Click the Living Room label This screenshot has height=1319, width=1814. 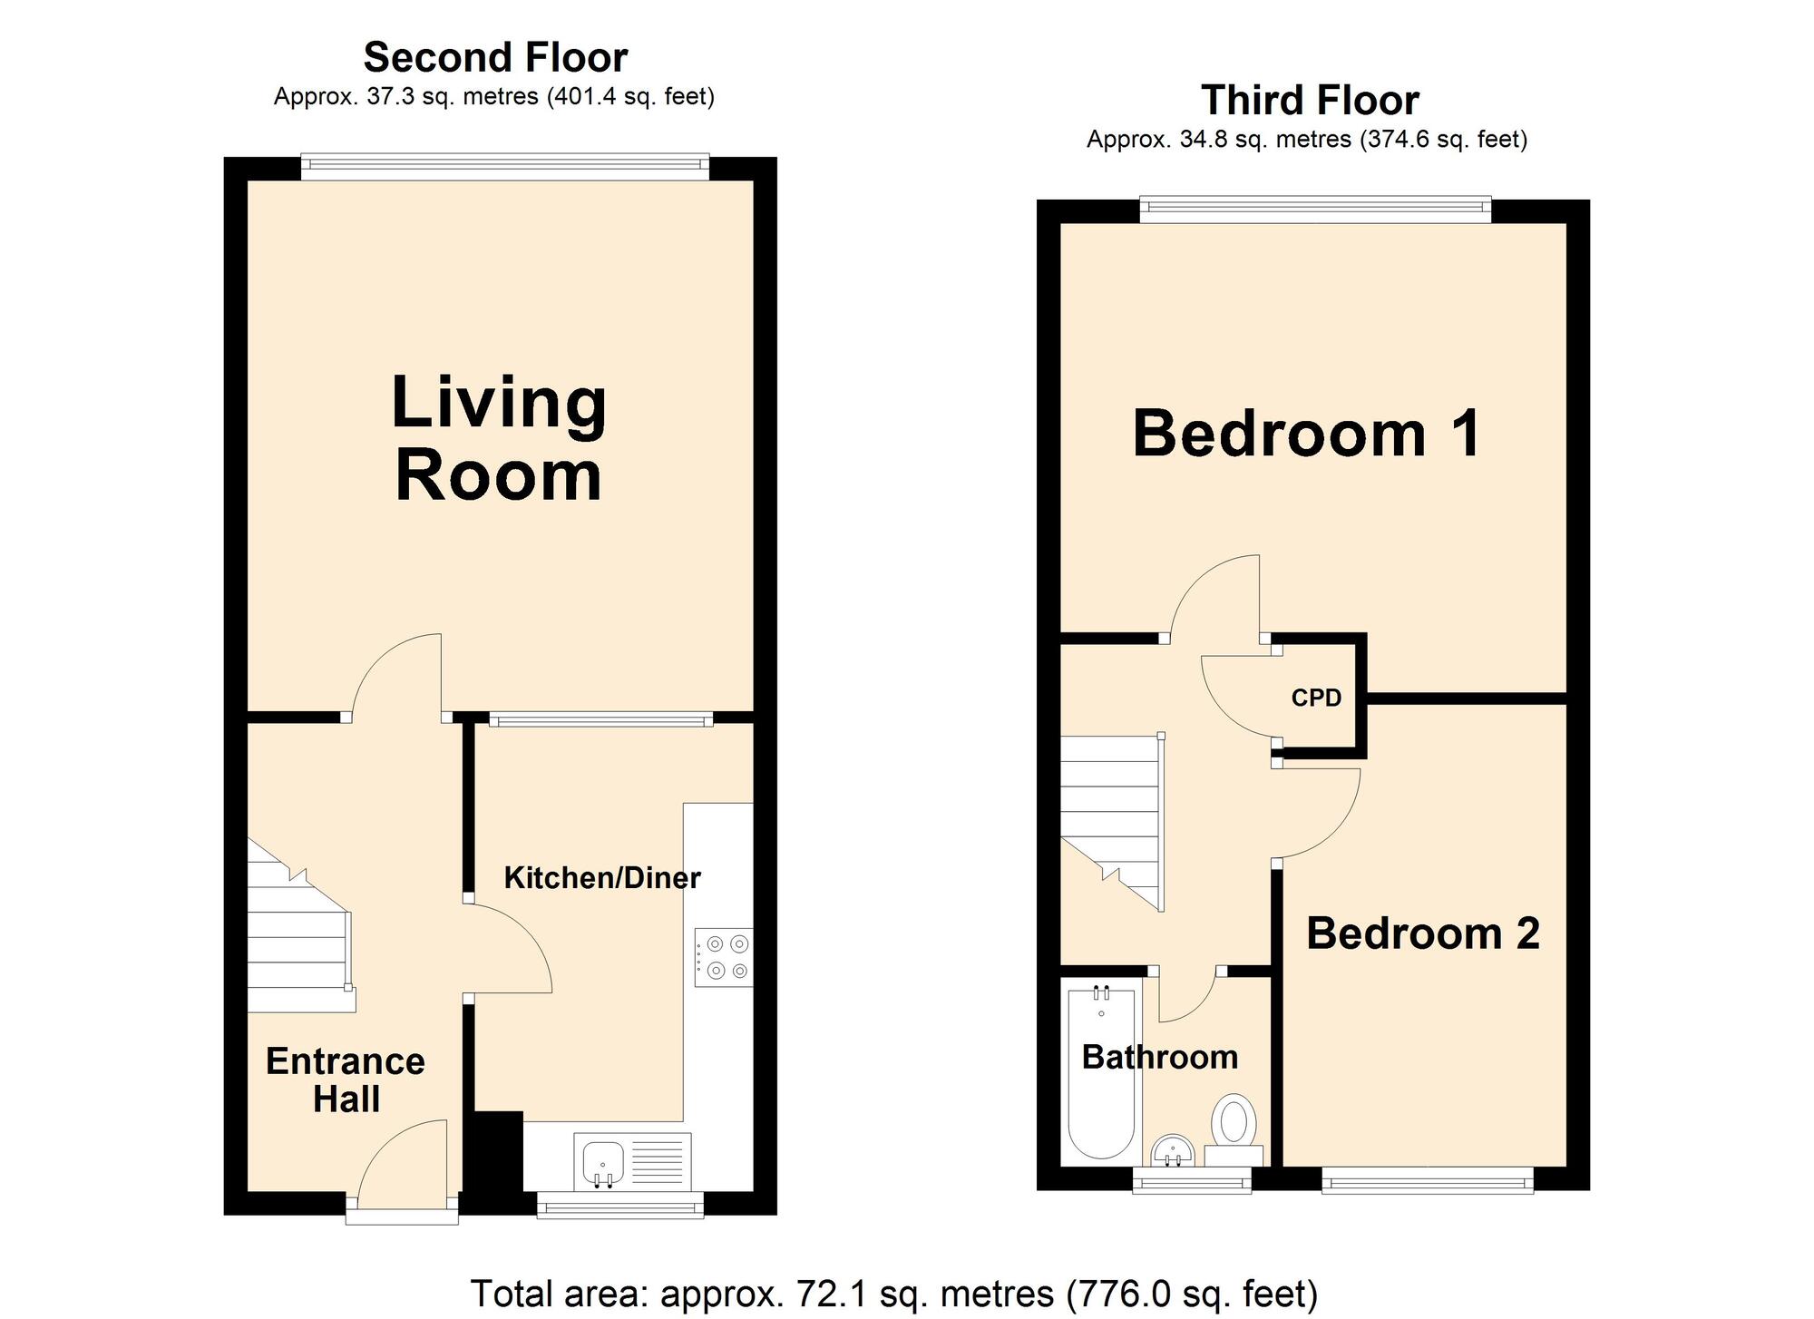coord(498,440)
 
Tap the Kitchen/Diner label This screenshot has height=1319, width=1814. coord(602,878)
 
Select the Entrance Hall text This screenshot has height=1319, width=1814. coord(346,1080)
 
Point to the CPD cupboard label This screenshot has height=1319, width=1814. coord(1316,698)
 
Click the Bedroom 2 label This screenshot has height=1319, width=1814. coord(1422,933)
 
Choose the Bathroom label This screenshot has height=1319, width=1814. coord(1160,1057)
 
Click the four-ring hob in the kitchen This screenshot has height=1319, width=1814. coord(723,957)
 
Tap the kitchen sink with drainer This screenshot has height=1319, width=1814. coord(632,1160)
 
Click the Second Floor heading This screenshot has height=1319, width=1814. coord(495,58)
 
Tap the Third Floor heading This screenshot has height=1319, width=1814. coord(1309,101)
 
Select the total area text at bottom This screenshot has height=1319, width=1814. coord(893,1293)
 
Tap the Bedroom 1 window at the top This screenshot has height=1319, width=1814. coord(1314,210)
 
